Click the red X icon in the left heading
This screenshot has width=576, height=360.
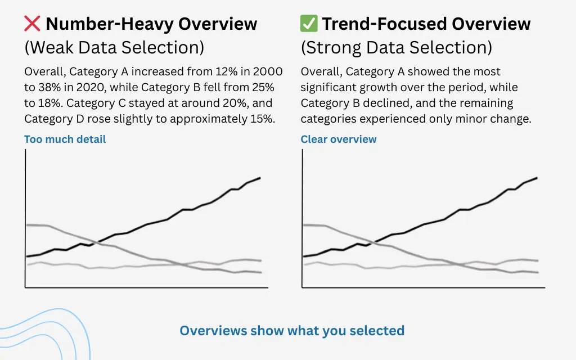click(33, 24)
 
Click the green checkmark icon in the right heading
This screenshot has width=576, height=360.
click(309, 24)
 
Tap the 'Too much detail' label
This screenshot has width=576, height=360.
click(65, 139)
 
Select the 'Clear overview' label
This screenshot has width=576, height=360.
click(339, 139)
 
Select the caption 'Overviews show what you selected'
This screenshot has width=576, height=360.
click(292, 330)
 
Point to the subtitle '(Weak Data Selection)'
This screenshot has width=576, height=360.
click(114, 48)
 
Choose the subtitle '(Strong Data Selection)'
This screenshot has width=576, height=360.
click(397, 48)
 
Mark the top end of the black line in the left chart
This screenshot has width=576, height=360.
click(260, 178)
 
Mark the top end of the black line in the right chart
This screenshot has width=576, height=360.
click(537, 178)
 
